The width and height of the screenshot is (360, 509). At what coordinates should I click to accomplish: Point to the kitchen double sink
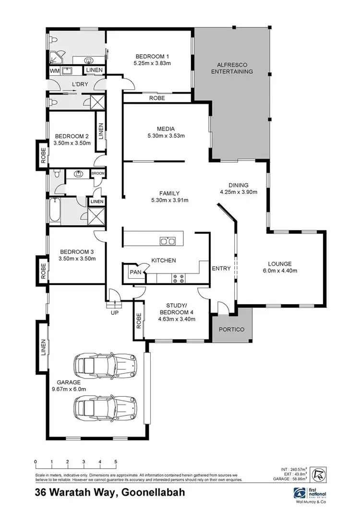click(168, 241)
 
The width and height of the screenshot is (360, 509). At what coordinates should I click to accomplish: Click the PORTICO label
click(232, 330)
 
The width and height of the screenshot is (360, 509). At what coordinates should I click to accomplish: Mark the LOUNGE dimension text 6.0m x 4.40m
click(280, 271)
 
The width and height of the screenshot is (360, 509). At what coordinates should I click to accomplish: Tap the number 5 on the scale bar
click(116, 462)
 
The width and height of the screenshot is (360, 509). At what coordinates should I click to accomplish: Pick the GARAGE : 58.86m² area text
click(292, 480)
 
